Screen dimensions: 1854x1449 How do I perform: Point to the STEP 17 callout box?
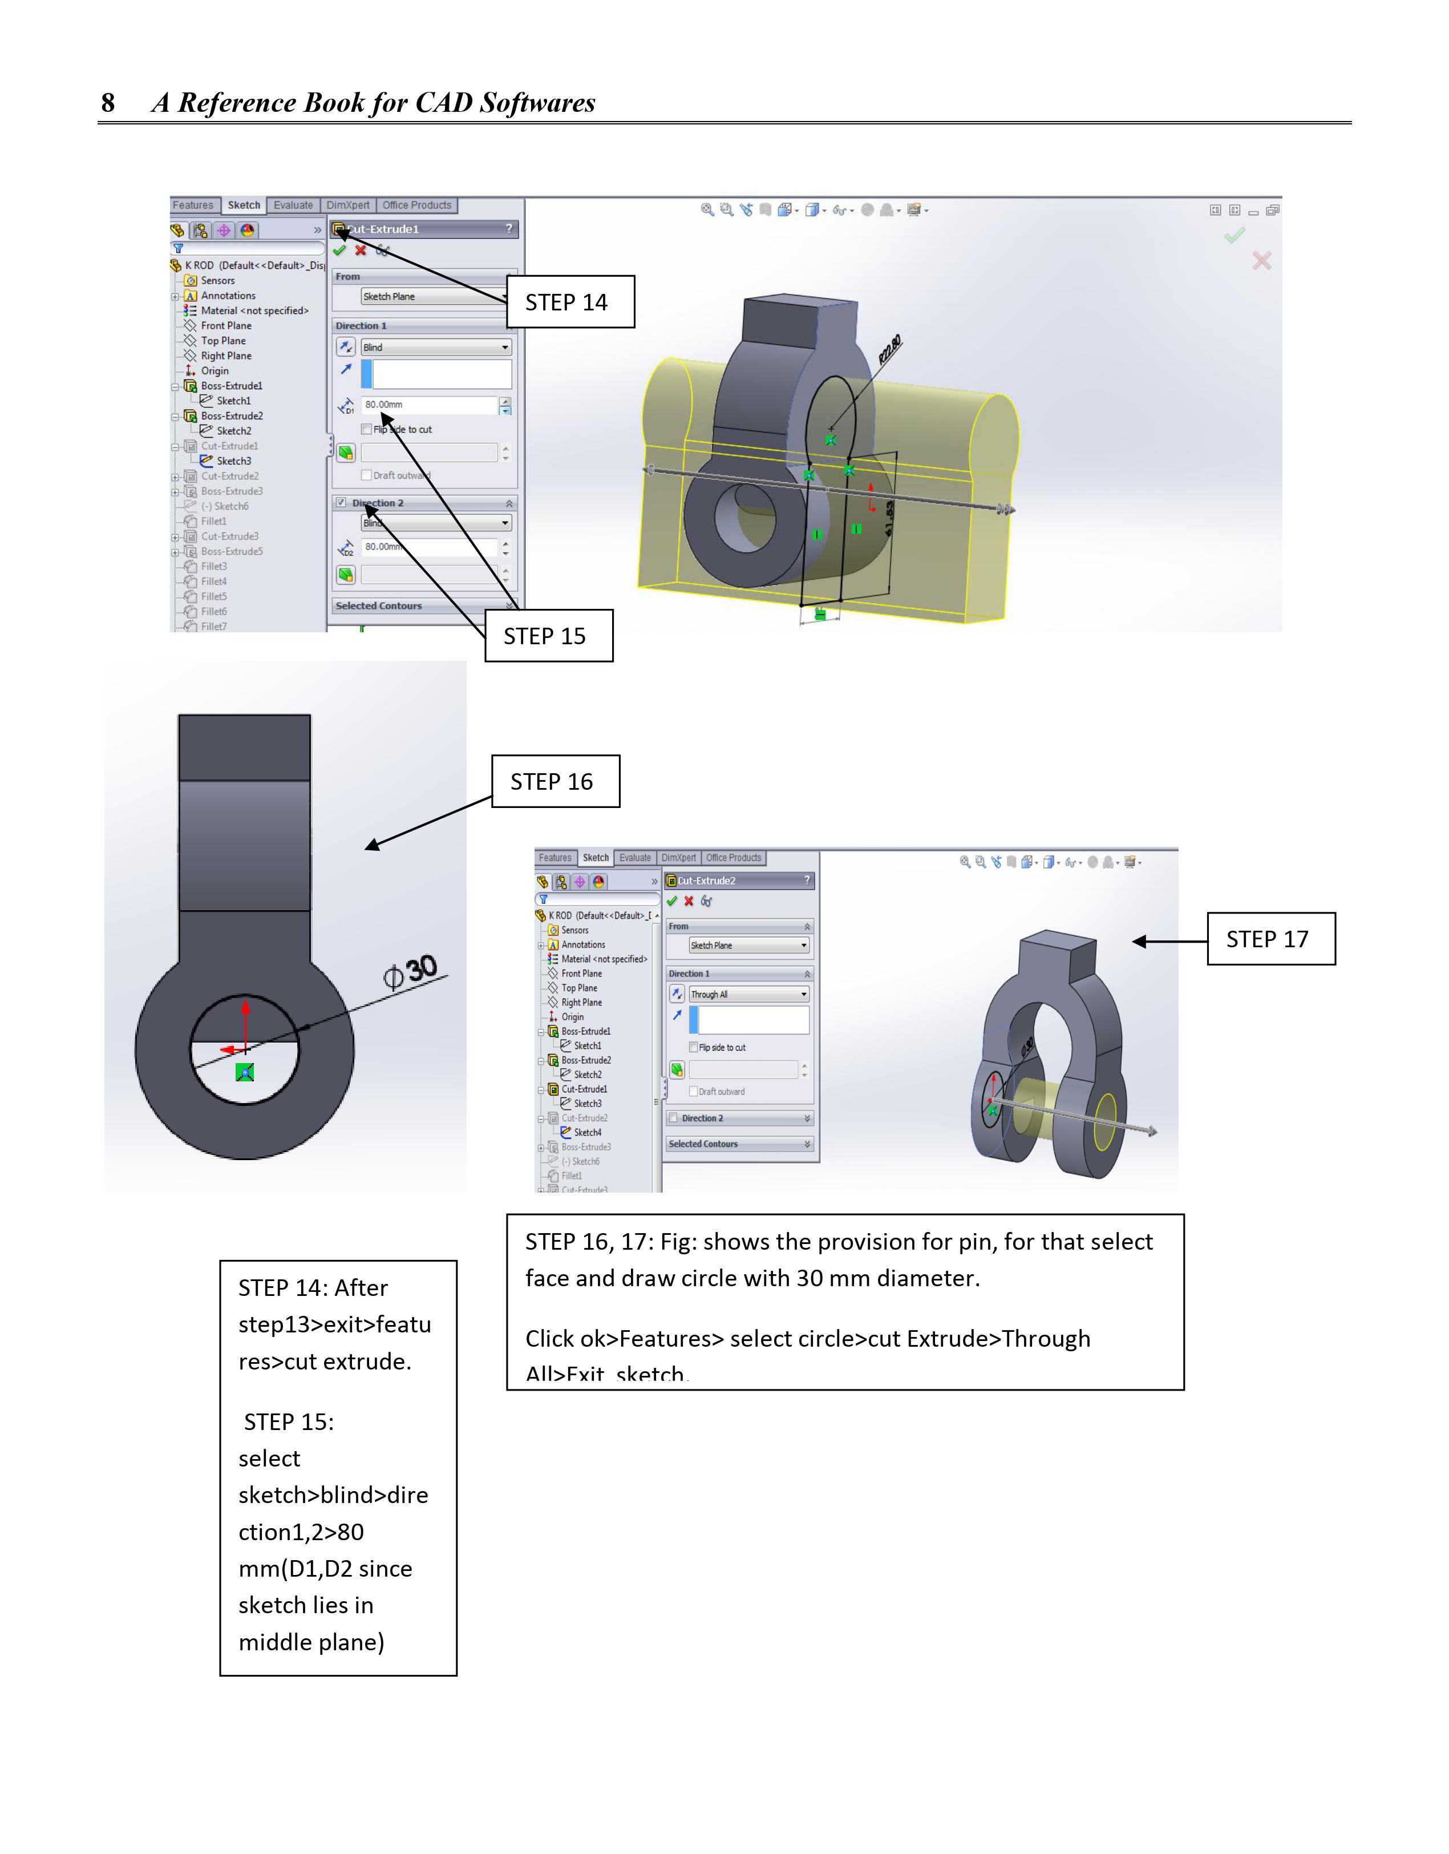(x=1271, y=939)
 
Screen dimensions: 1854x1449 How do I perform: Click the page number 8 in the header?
(x=108, y=103)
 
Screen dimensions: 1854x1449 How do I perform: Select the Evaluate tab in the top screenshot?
(x=293, y=205)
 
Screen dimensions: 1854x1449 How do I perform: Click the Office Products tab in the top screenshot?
(x=417, y=205)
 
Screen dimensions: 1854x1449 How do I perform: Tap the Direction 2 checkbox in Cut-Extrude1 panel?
(x=341, y=503)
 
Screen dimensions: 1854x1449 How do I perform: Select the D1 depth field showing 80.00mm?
(x=428, y=405)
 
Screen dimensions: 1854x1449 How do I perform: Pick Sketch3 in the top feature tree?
(x=233, y=461)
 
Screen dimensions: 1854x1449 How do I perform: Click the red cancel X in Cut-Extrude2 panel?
(x=689, y=902)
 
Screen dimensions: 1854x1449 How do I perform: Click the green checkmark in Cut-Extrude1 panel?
(x=339, y=251)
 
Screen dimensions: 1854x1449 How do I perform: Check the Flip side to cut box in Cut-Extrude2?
(x=694, y=1048)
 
